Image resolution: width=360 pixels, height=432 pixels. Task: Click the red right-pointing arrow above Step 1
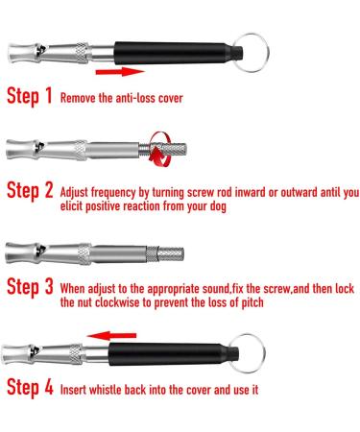tap(120, 72)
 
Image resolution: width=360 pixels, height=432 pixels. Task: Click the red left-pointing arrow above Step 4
tap(111, 336)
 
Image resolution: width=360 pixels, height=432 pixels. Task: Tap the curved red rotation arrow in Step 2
tap(161, 150)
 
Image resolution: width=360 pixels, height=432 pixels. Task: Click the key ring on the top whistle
tap(251, 53)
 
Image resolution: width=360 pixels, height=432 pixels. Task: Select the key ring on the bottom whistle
tap(247, 353)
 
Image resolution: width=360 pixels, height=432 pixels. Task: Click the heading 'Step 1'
tap(30, 96)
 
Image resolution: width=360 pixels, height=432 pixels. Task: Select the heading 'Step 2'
tap(30, 191)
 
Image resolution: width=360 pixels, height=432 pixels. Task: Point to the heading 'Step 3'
tap(30, 287)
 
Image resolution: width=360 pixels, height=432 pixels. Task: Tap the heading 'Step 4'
tap(30, 388)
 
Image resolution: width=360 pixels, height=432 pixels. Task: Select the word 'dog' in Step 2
tap(218, 206)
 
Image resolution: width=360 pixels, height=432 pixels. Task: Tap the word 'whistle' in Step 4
tap(105, 390)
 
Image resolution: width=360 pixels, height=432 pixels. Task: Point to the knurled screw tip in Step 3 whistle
tap(171, 253)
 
